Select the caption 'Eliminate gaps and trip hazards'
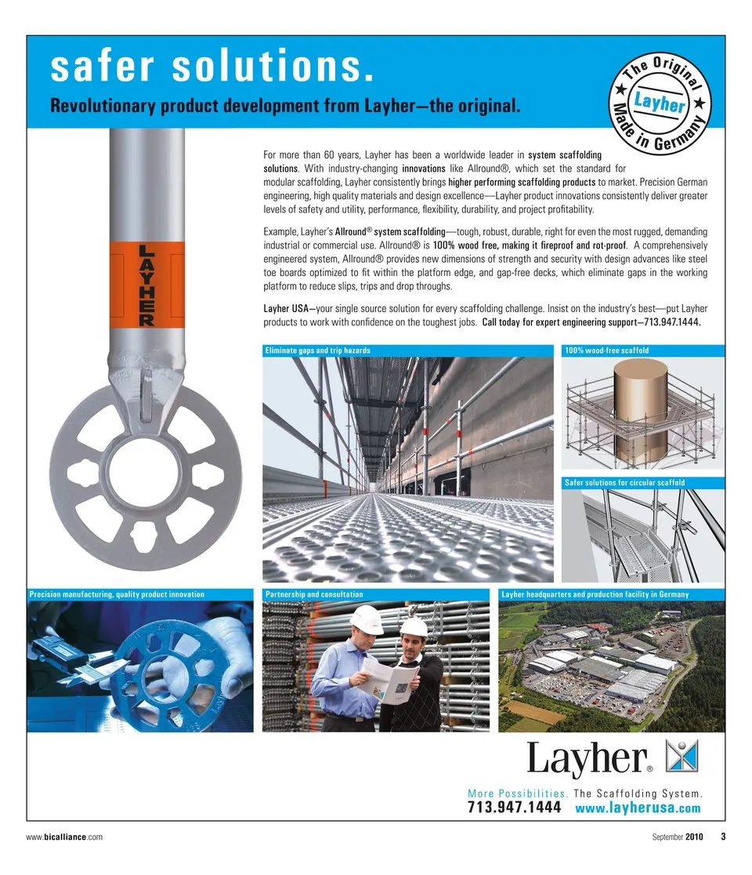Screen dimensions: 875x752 pyautogui.click(x=318, y=350)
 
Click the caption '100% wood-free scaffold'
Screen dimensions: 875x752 pyautogui.click(x=607, y=350)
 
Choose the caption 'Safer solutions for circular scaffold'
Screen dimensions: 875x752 pyautogui.click(x=624, y=482)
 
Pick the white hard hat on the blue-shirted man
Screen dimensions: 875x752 pyautogui.click(x=366, y=619)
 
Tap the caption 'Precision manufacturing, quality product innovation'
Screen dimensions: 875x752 pyautogui.click(x=117, y=594)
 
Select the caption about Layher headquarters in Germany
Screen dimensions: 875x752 pyautogui.click(x=595, y=594)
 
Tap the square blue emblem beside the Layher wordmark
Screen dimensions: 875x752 pyautogui.click(x=681, y=754)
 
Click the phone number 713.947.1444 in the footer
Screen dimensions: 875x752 pyautogui.click(x=514, y=808)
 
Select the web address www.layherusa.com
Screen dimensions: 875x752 pyautogui.click(x=638, y=808)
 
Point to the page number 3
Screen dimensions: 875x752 pyautogui.click(x=722, y=837)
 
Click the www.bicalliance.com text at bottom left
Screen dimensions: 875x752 pyautogui.click(x=65, y=837)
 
